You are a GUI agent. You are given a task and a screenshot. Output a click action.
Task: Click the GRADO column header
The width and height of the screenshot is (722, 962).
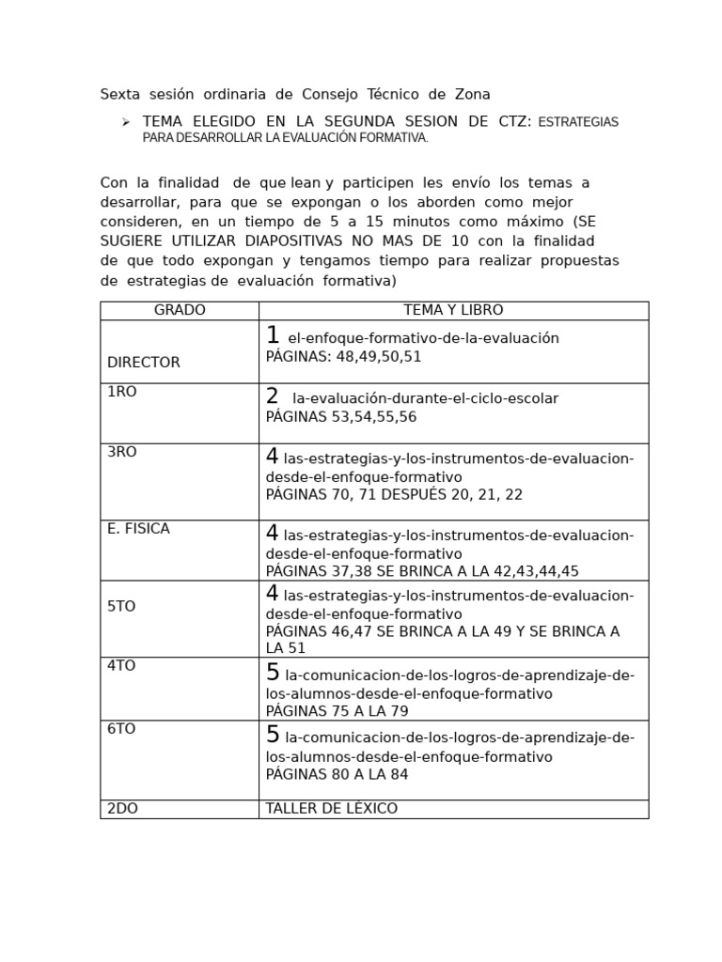179,310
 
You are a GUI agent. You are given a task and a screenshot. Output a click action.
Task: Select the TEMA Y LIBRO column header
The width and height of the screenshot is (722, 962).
453,310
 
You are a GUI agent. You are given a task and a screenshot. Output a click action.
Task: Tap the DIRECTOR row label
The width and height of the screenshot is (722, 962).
144,363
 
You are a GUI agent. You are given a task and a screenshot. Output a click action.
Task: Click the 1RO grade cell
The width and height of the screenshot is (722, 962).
122,392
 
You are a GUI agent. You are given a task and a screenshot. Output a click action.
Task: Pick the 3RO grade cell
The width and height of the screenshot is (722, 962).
122,452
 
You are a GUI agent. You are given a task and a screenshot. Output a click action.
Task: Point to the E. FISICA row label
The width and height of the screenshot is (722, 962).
138,529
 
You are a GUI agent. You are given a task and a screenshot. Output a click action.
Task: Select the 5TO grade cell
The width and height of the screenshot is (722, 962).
121,607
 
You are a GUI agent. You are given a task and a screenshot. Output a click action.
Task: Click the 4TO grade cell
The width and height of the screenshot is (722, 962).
121,666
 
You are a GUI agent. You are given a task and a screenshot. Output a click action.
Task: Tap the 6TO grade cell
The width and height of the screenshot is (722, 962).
121,729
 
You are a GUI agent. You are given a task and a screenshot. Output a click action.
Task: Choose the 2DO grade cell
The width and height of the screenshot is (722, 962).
122,809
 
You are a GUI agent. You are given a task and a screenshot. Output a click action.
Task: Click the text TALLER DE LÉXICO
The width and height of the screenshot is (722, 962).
331,809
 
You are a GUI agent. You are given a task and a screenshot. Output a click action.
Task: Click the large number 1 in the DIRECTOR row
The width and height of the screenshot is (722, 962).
273,335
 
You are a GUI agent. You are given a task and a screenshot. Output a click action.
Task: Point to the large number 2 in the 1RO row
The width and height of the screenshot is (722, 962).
273,396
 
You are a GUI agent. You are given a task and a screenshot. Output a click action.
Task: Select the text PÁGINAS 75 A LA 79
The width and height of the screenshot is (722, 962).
337,711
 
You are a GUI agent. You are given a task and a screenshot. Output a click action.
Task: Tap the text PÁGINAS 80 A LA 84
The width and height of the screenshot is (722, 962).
337,775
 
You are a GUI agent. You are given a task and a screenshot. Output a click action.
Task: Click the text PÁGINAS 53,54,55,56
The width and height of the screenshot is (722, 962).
340,417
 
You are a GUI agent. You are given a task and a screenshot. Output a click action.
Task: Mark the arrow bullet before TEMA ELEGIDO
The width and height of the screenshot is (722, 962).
125,122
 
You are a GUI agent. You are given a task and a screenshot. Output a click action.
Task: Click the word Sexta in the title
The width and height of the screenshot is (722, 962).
120,95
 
